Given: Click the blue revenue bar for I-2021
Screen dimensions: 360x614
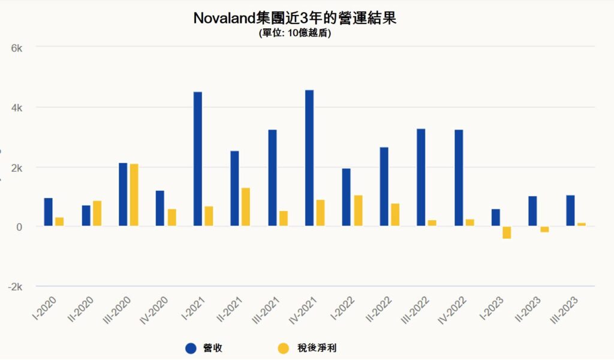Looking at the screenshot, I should (x=198, y=159).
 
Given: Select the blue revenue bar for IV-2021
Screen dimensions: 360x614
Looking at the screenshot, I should (x=309, y=158).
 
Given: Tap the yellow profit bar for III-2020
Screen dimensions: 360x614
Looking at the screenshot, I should (x=134, y=195).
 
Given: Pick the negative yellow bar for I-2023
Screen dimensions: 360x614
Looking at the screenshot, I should (x=507, y=233).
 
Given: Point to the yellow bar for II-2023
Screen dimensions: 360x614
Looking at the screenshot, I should (x=544, y=229).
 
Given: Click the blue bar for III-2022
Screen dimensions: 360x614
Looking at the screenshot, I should (x=421, y=178).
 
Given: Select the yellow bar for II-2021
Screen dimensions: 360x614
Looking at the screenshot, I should (x=246, y=207).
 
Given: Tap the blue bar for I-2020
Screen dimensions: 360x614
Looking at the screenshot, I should (x=49, y=212).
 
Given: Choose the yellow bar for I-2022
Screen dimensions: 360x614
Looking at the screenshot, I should (x=358, y=211).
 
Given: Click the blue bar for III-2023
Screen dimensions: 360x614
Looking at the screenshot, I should (x=570, y=211).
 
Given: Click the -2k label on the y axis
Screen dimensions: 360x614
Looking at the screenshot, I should (x=15, y=287).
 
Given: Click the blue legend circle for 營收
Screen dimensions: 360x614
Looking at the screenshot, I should (x=191, y=348).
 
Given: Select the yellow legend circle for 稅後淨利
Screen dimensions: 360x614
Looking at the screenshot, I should (x=284, y=348).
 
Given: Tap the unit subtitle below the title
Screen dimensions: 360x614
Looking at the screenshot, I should (x=294, y=34).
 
